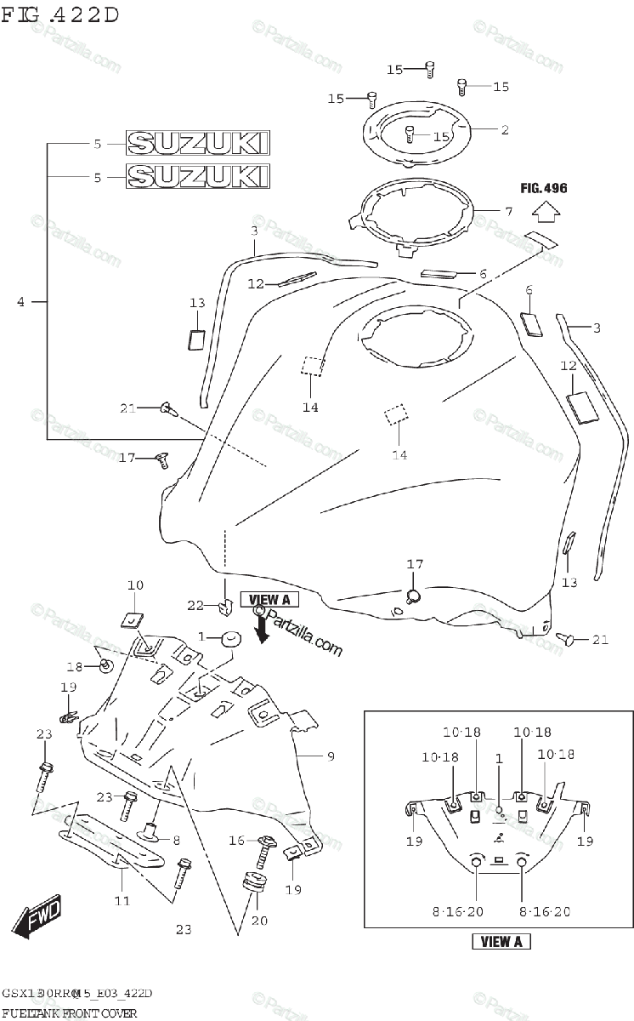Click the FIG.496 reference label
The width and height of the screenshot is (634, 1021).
pyautogui.click(x=544, y=188)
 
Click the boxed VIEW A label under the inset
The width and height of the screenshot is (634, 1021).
pyautogui.click(x=501, y=941)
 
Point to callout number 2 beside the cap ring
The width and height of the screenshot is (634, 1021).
pyautogui.click(x=504, y=130)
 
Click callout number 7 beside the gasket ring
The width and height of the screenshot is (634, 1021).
pyautogui.click(x=507, y=210)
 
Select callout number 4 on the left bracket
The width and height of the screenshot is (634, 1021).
pyautogui.click(x=21, y=301)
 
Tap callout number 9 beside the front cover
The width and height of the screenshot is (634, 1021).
pyautogui.click(x=331, y=755)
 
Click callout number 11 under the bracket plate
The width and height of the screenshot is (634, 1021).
pyautogui.click(x=122, y=899)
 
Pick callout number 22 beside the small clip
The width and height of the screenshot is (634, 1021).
pyautogui.click(x=196, y=605)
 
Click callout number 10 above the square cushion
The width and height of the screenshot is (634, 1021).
pyautogui.click(x=136, y=585)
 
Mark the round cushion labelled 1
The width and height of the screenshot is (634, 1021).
pyautogui.click(x=230, y=638)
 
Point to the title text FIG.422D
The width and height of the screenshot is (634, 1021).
pyautogui.click(x=59, y=14)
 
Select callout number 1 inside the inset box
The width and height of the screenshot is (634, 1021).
pyautogui.click(x=499, y=758)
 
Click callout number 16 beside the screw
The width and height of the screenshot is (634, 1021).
pyautogui.click(x=237, y=841)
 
